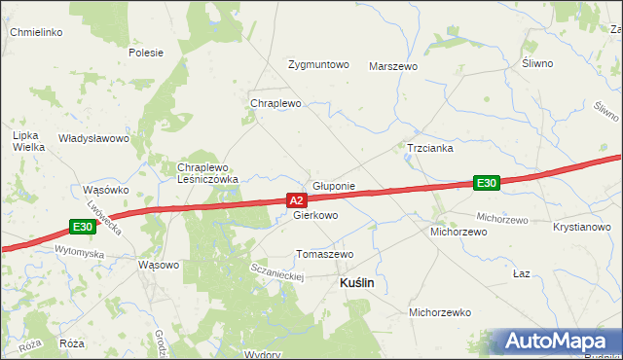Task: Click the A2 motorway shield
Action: pyautogui.click(x=298, y=200)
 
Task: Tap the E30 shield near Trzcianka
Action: pyautogui.click(x=487, y=182)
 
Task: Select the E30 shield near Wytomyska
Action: pyautogui.click(x=83, y=228)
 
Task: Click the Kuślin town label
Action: pyautogui.click(x=356, y=282)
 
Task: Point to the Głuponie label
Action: pyautogui.click(x=334, y=185)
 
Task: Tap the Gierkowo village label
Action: pyautogui.click(x=315, y=215)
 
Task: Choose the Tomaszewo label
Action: pyautogui.click(x=324, y=254)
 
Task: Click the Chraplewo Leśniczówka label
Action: pyautogui.click(x=207, y=173)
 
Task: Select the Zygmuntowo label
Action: pyautogui.click(x=318, y=65)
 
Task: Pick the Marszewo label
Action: pyautogui.click(x=393, y=66)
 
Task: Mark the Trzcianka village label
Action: pyautogui.click(x=430, y=149)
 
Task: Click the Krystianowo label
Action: pyautogui.click(x=581, y=226)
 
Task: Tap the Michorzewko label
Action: pyautogui.click(x=440, y=312)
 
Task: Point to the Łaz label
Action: pyautogui.click(x=521, y=273)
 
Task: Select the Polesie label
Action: pyautogui.click(x=145, y=53)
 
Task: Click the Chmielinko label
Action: pyautogui.click(x=36, y=32)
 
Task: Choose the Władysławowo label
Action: pyautogui.click(x=93, y=138)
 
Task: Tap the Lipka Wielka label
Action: pyautogui.click(x=28, y=142)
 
